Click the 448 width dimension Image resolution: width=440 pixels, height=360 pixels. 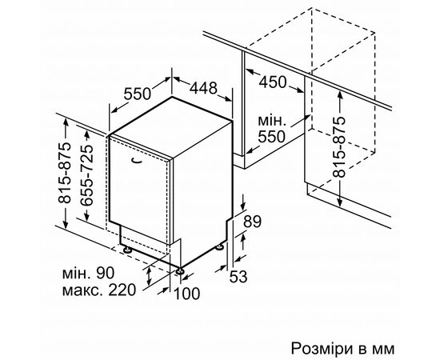(x=203, y=88)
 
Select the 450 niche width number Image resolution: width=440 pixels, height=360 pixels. (x=273, y=82)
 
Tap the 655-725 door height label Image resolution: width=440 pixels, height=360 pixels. (x=86, y=175)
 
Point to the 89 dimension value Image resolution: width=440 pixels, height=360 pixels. (x=252, y=222)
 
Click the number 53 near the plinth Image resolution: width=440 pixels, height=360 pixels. (x=238, y=276)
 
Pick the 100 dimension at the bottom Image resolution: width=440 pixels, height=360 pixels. (x=187, y=294)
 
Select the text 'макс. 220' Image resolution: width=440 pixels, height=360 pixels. (x=98, y=290)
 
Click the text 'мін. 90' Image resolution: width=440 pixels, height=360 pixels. (x=88, y=273)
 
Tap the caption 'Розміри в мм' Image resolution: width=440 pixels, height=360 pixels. (x=342, y=349)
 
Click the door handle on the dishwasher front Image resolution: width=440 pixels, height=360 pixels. (x=136, y=160)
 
